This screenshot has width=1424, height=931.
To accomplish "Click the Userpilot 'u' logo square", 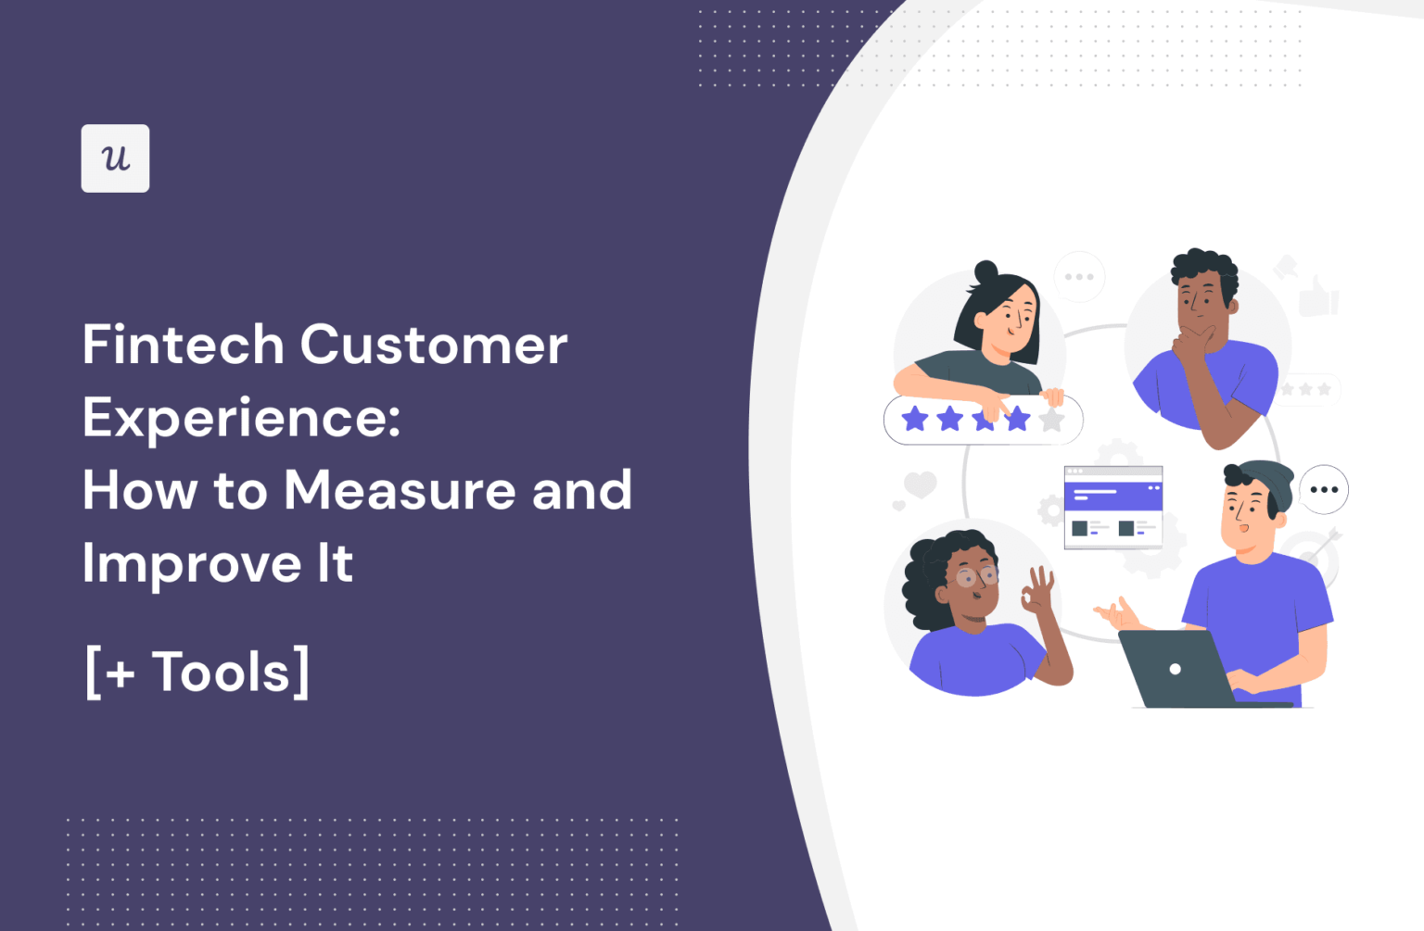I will tap(115, 158).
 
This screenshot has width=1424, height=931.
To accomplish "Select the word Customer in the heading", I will tap(433, 345).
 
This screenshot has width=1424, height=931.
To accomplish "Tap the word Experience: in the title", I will tap(241, 418).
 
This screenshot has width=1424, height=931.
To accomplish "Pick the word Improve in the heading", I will tap(192, 563).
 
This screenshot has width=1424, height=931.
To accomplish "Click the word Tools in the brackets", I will tap(221, 672).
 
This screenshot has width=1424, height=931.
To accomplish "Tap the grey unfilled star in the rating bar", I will tap(1051, 420).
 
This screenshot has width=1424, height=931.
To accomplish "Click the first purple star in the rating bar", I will tap(915, 419).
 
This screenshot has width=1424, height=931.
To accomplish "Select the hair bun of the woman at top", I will tap(985, 273).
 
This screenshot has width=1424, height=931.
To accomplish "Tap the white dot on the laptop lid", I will tap(1175, 669).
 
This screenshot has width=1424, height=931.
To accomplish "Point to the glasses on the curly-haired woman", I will tap(976, 577).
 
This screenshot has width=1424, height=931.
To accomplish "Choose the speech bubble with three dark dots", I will tap(1324, 489).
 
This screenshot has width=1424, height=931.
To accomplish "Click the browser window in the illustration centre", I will tap(1112, 507).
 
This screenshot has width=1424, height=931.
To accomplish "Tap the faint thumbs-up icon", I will tap(1317, 296).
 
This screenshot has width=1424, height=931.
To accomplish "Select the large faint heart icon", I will tap(920, 484).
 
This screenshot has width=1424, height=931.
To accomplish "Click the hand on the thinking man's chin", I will tap(1194, 344).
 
